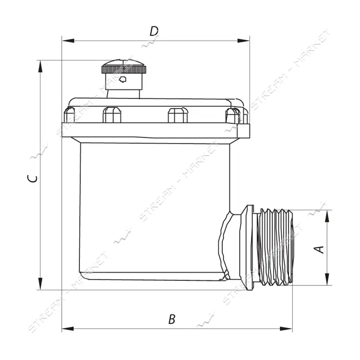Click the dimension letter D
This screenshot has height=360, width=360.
coord(154,31)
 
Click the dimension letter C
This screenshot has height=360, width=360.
coord(32,178)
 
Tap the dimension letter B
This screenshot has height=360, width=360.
coord(172,319)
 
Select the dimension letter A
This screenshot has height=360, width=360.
coord(319,250)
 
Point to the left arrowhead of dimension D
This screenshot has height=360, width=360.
coord(68,41)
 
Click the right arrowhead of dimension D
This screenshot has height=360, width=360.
coord(243,41)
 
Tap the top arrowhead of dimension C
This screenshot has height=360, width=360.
coord(41,66)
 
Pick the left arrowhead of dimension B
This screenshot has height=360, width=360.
coord(68,329)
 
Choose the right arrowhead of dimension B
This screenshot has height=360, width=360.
coord(286,329)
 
